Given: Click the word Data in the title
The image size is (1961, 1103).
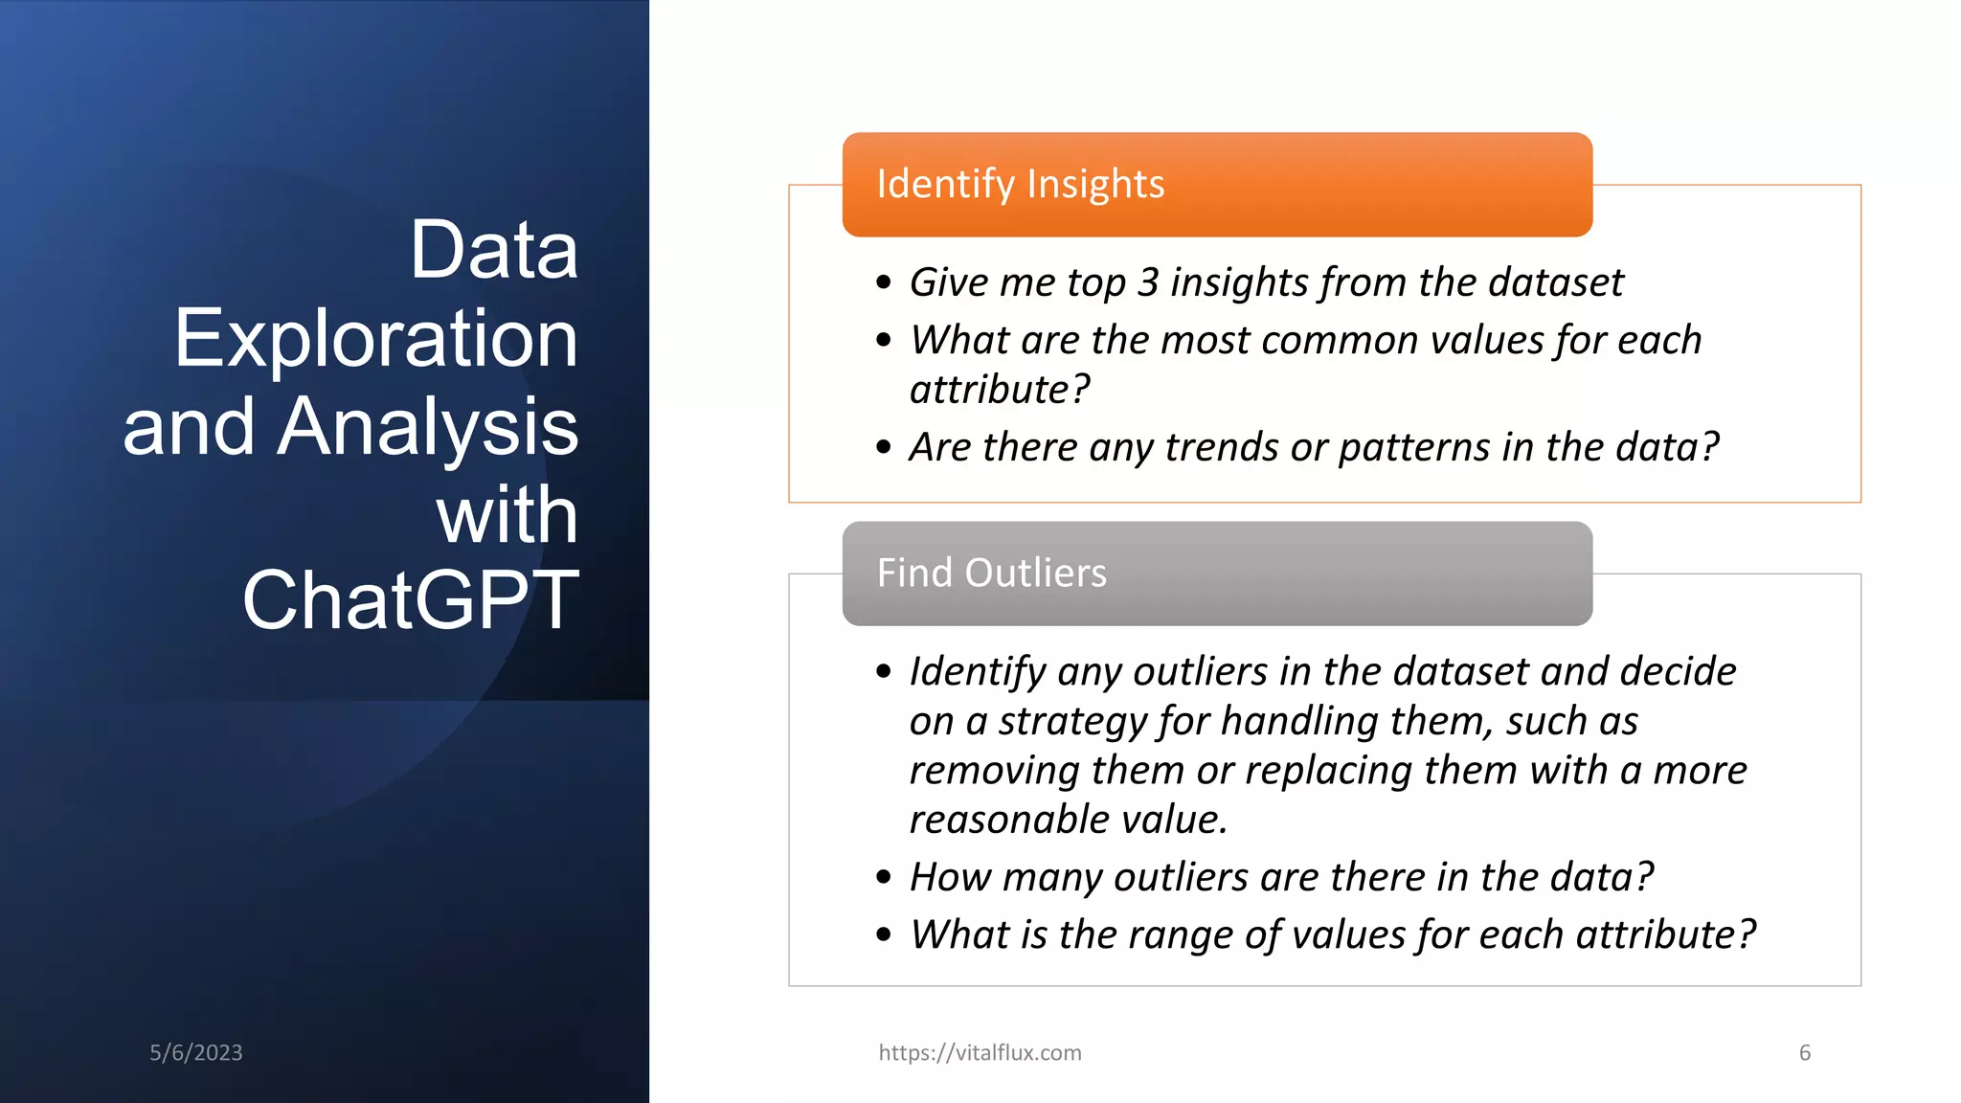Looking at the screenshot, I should click(x=493, y=250).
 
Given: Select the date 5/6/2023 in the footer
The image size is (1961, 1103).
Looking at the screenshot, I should click(x=195, y=1052).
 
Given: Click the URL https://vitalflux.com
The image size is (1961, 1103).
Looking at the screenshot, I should click(x=980, y=1052).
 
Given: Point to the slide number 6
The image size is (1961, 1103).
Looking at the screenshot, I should click(x=1804, y=1052).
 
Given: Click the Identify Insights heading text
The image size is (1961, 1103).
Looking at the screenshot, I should click(x=1020, y=184).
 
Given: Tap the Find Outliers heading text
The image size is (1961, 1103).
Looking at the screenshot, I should click(x=991, y=573).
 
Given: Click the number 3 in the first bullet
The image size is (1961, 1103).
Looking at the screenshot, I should click(x=1148, y=282).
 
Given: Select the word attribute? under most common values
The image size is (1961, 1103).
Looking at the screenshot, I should click(x=999, y=390).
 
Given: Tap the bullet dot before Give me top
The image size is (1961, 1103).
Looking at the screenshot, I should click(x=883, y=282).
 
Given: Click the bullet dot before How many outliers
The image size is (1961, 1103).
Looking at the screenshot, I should click(x=883, y=877).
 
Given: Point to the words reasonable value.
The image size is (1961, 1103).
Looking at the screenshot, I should click(x=1067, y=820).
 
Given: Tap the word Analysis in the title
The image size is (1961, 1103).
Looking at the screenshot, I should click(x=427, y=426).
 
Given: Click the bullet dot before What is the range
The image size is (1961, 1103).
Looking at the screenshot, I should click(x=883, y=934).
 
